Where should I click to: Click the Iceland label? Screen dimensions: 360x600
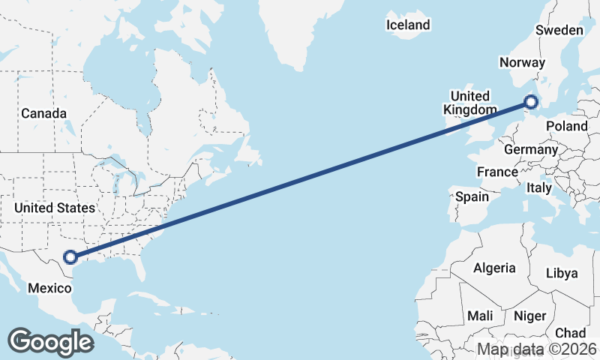pos(408,25)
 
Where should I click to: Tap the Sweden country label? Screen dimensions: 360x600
pos(559,30)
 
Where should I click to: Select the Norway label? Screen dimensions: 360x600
pos(520,63)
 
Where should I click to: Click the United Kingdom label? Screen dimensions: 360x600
pos(469,103)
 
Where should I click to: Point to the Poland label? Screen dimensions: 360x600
pos(567,127)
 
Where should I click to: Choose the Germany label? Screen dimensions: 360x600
pos(530,150)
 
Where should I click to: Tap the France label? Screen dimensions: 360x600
pos(497,172)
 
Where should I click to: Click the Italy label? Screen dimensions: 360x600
pos(539,187)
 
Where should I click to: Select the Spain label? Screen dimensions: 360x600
pos(472,197)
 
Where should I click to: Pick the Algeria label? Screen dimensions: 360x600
pos(494,268)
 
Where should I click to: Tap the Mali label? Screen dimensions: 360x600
pos(480,316)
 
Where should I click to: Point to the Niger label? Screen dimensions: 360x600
pos(529,316)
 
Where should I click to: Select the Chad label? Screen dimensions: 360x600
pos(571,332)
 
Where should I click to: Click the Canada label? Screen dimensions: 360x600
pos(43,113)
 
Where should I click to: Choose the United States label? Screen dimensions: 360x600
pos(55,208)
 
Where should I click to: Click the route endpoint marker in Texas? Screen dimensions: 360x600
pos(70,257)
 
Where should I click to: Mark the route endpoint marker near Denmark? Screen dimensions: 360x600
pos(531,102)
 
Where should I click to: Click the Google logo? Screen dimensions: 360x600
pos(50,341)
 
